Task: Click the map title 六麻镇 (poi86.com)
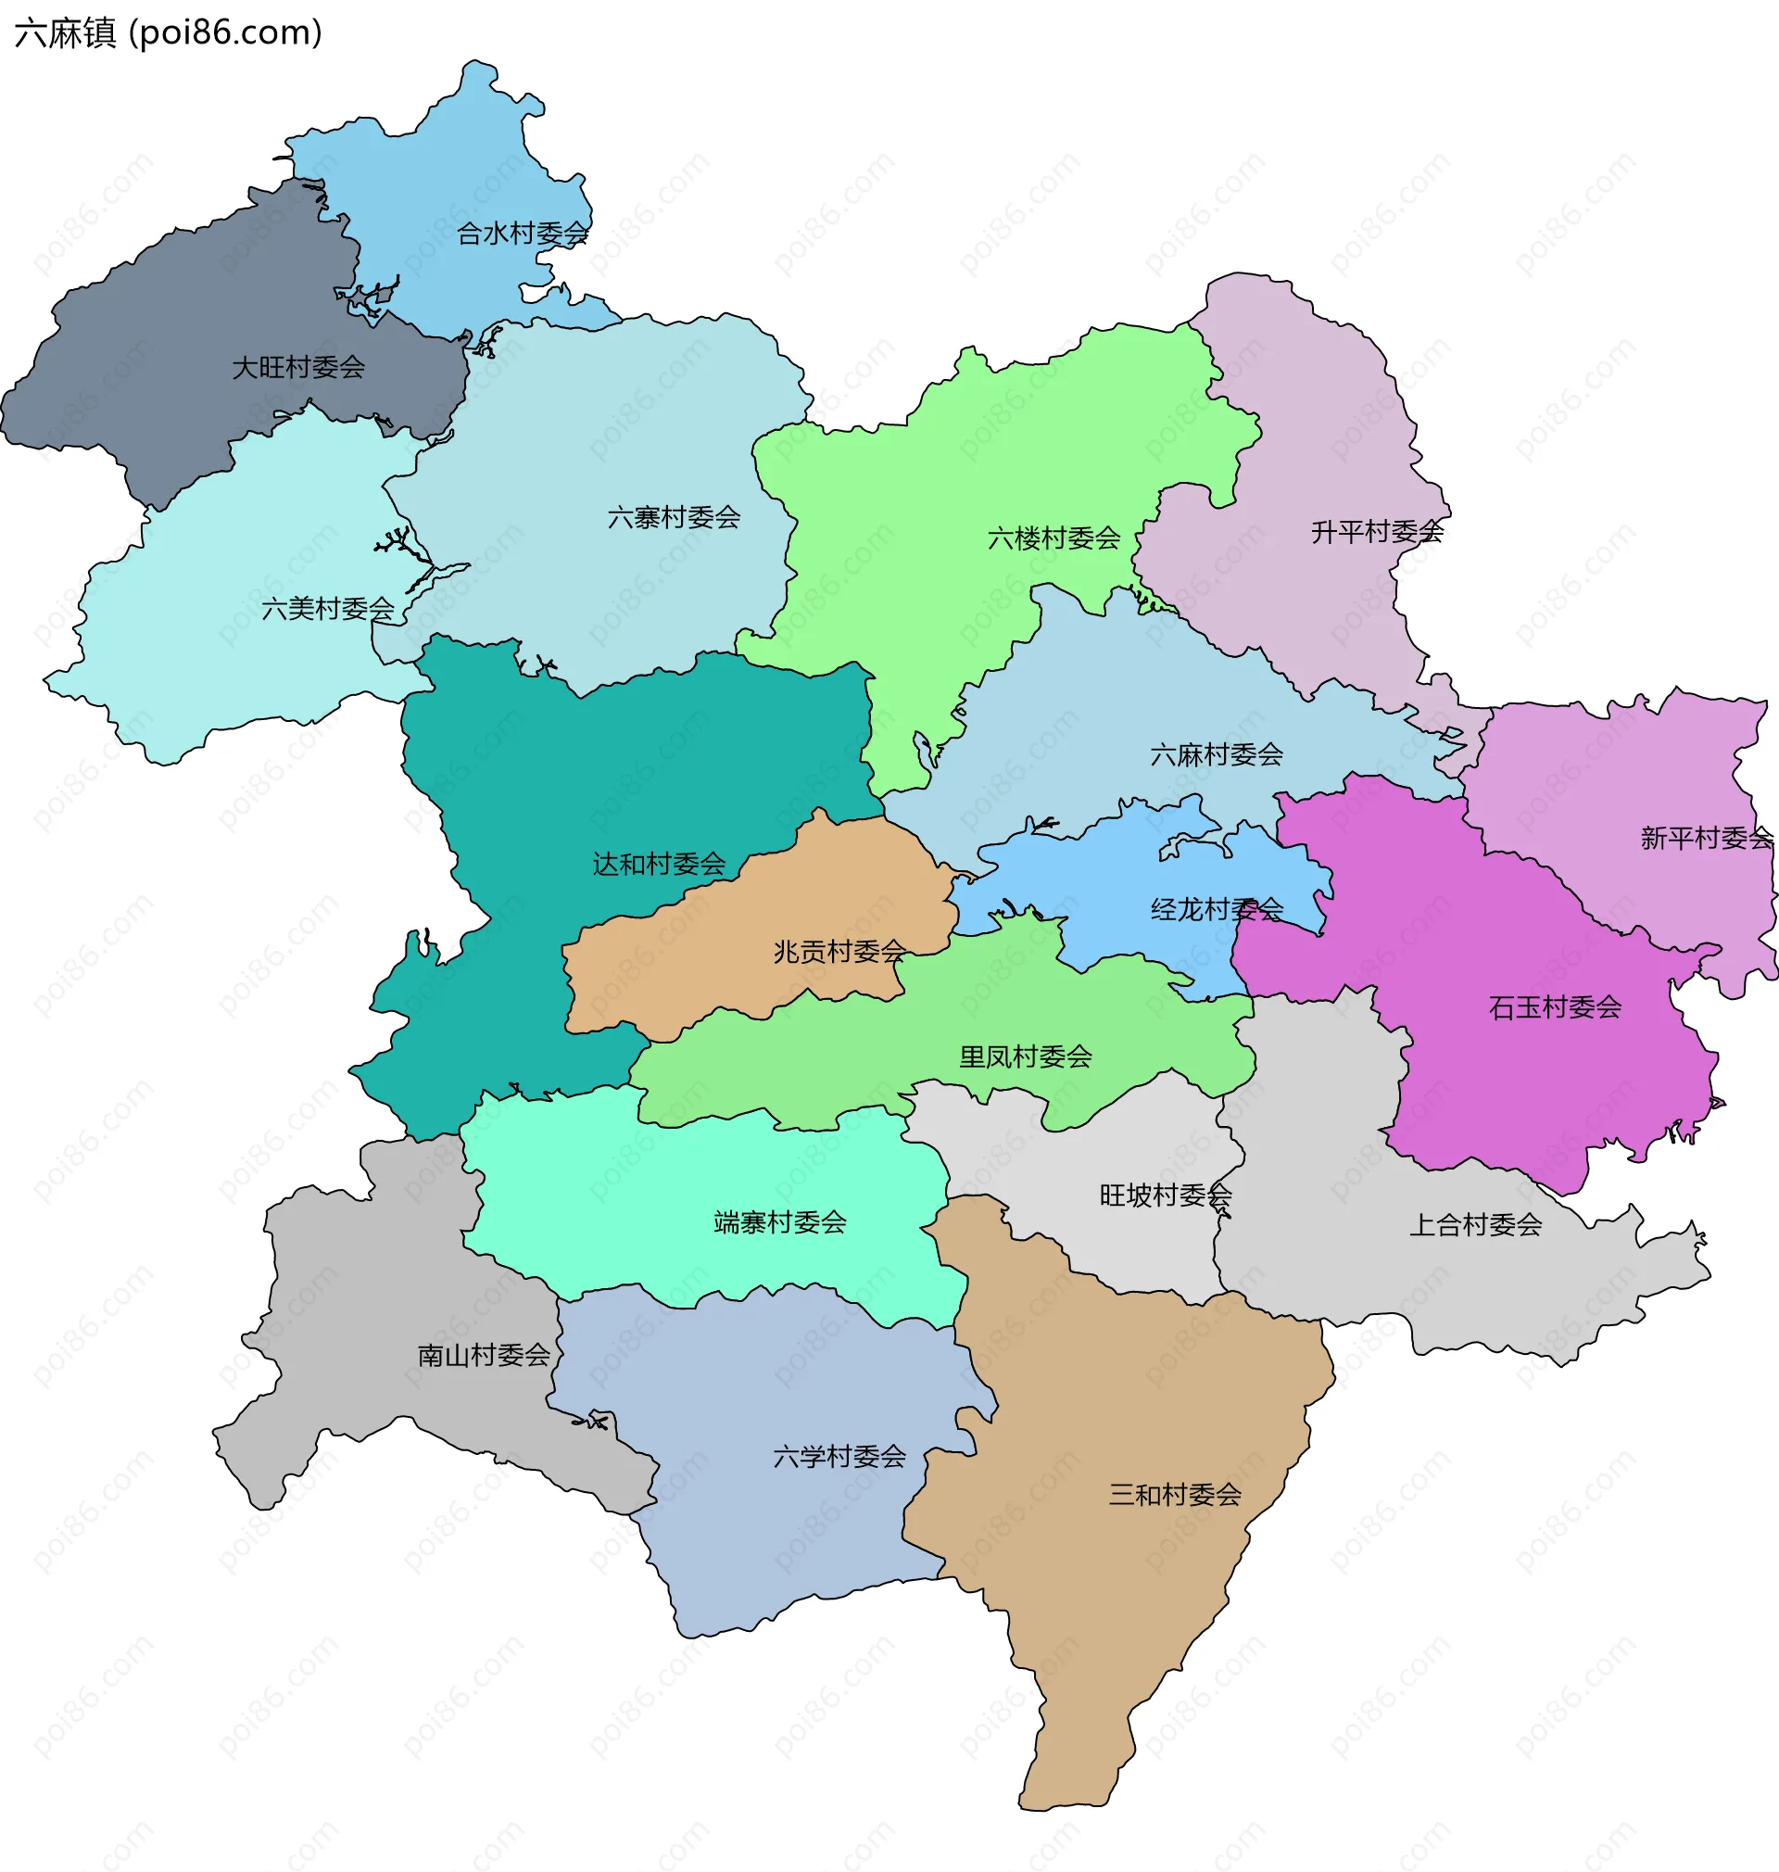tap(169, 33)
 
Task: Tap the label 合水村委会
tap(523, 234)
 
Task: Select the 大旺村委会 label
tap(298, 367)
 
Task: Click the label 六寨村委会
tap(675, 518)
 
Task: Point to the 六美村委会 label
tap(328, 609)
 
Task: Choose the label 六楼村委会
tap(1054, 538)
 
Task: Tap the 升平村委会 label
tap(1377, 533)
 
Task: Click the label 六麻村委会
tap(1217, 755)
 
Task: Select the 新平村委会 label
tap(1707, 839)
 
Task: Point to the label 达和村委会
tap(659, 864)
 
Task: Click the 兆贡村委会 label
tap(840, 951)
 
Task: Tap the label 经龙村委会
tap(1218, 910)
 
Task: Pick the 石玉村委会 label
tap(1556, 1007)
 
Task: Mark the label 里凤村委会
tap(1026, 1056)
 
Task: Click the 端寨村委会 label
tap(780, 1222)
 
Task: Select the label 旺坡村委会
tap(1167, 1195)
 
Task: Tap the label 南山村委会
tap(485, 1355)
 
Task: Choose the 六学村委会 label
tap(840, 1457)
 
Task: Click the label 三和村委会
tap(1176, 1495)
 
